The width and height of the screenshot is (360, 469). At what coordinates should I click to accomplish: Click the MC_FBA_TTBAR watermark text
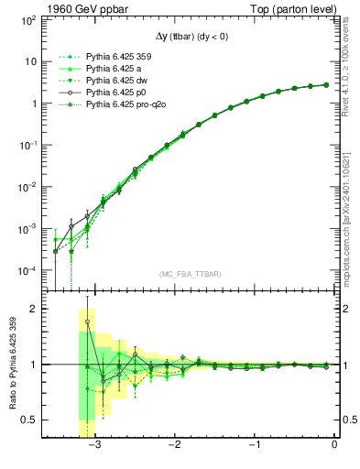[x=190, y=275]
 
